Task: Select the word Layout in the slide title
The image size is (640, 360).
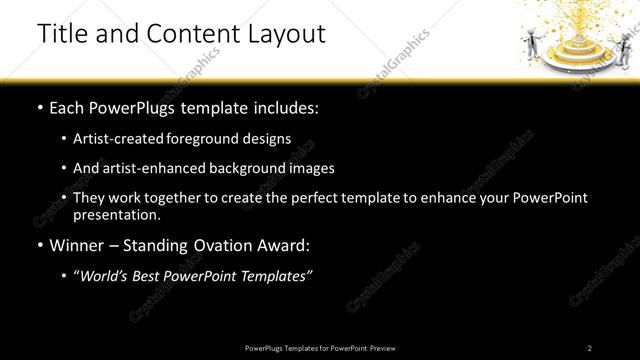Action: tap(288, 34)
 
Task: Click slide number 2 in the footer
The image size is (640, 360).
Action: tap(590, 348)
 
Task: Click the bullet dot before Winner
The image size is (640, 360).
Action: tap(40, 245)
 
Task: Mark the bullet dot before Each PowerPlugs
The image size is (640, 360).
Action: tap(40, 107)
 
